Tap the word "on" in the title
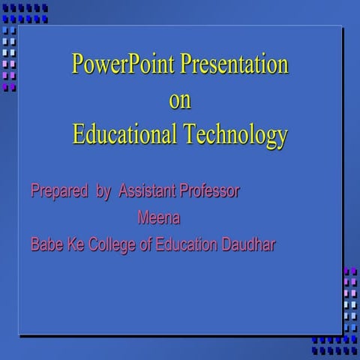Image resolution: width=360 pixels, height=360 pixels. click(x=180, y=100)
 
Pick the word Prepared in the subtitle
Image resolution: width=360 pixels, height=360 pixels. click(x=59, y=192)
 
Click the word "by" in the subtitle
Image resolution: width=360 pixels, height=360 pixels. click(x=104, y=192)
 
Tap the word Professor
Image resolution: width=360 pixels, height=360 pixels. click(x=209, y=191)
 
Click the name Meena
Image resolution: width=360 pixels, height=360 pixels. click(x=160, y=219)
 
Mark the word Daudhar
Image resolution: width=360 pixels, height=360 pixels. click(x=250, y=244)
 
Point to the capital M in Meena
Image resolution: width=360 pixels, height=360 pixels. click(x=143, y=219)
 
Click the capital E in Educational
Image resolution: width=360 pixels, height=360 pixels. click(x=79, y=135)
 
